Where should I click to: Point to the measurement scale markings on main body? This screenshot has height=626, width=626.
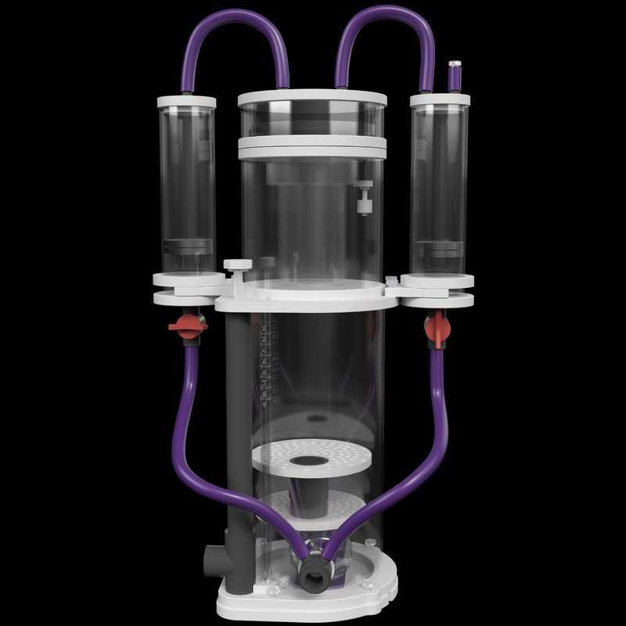click(268, 360)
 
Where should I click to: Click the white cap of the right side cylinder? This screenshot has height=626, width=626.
click(440, 100)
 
